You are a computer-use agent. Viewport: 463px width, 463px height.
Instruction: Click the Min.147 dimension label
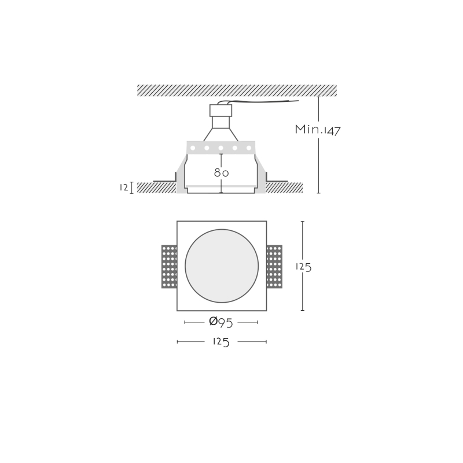[x=318, y=130]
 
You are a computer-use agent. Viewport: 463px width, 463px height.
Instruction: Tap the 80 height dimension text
[x=221, y=172]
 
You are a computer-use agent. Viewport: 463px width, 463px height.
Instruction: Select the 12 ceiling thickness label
[x=124, y=188]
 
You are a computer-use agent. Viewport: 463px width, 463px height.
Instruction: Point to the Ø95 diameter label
[x=221, y=322]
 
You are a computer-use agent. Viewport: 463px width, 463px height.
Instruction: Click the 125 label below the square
[x=221, y=342]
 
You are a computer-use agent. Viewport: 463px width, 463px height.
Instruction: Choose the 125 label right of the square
[x=303, y=267]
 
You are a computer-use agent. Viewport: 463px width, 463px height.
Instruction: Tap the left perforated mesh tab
[x=169, y=266]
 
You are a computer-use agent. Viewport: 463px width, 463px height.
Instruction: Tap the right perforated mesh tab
[x=274, y=266]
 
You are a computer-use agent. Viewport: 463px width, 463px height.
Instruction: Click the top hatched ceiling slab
[x=237, y=90]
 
